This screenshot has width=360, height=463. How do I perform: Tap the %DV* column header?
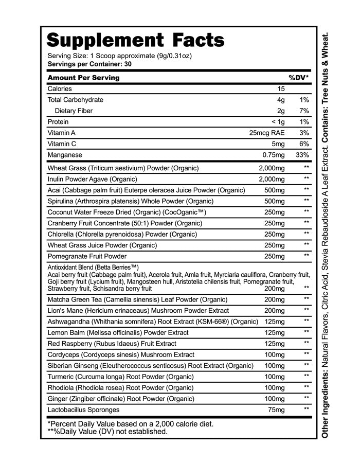298,78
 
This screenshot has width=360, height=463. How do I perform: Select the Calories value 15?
281,89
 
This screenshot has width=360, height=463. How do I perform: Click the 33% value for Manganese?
302,155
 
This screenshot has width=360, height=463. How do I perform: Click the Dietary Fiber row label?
74,111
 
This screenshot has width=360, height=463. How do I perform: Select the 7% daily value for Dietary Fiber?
303,111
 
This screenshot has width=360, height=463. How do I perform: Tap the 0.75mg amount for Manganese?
274,155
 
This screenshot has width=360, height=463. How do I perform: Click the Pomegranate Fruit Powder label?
87,256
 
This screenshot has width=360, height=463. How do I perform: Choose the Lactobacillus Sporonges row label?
83,409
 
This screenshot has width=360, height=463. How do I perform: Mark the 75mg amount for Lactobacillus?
276,409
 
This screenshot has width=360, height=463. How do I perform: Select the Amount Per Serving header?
83,78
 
